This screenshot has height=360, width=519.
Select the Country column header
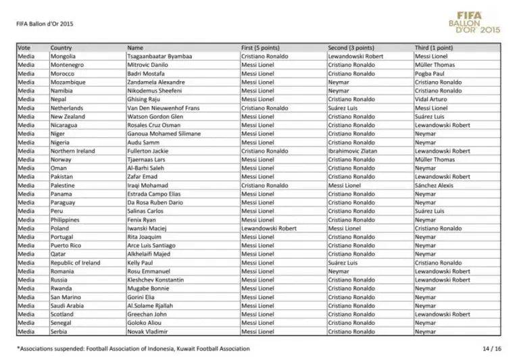61,48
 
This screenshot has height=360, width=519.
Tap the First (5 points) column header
260,48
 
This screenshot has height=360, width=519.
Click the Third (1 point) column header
434,48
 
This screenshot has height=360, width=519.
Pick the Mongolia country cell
63,56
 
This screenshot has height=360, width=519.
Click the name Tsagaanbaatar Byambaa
159,56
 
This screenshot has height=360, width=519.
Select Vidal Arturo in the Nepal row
430,99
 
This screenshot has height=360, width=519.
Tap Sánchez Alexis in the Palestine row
433,185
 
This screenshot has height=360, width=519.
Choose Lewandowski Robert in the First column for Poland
269,228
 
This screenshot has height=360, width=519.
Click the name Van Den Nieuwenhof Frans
165,108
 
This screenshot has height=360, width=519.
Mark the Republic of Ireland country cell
75,263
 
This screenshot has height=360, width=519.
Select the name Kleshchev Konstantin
155,280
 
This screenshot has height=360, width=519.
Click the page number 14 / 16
491,349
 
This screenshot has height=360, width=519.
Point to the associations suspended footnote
133,349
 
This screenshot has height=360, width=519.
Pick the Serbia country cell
59,332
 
